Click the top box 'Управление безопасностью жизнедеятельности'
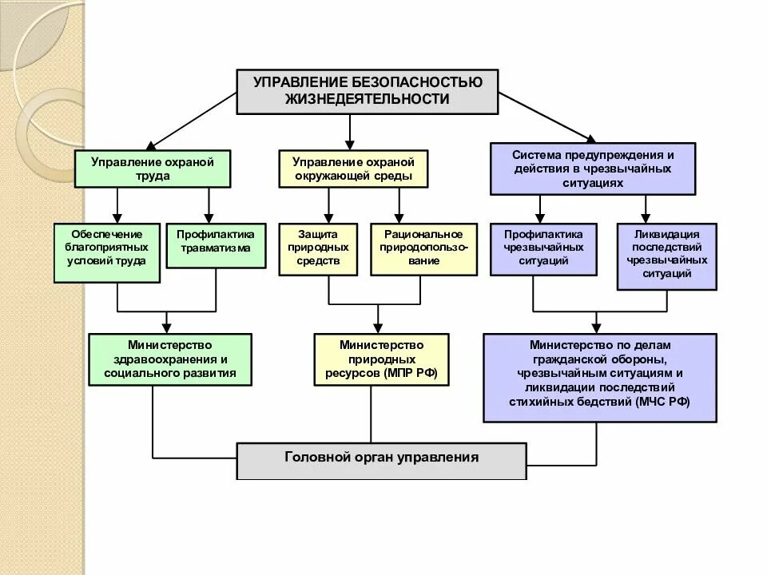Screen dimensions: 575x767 click(368, 91)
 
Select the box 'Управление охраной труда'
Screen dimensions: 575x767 click(153, 169)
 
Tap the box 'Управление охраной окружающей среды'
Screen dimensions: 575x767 click(352, 169)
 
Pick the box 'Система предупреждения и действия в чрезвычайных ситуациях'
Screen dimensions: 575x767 click(592, 169)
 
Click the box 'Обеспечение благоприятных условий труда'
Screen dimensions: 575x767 click(107, 253)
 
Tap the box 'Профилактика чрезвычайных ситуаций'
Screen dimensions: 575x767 click(543, 249)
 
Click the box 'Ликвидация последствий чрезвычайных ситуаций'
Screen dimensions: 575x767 click(666, 256)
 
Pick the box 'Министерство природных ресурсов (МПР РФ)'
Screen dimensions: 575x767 click(381, 359)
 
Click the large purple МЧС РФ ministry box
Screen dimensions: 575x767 click(599, 377)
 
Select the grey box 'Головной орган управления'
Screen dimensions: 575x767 click(382, 460)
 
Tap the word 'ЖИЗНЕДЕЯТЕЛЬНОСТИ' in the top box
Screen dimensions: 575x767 click(368, 100)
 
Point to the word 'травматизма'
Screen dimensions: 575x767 click(216, 248)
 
